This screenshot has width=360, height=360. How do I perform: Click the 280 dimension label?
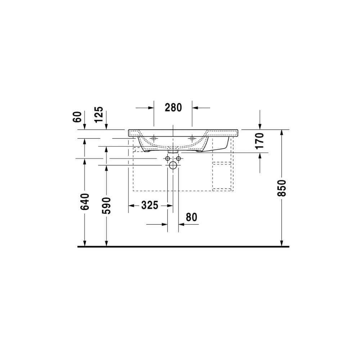(x=174, y=107)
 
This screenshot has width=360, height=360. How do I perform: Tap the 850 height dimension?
(x=282, y=188)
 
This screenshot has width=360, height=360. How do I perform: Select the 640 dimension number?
(x=85, y=202)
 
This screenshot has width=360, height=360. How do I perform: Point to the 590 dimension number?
(x=106, y=206)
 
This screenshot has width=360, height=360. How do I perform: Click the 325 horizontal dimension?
(x=150, y=205)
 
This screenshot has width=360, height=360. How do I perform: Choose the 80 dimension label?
(x=192, y=217)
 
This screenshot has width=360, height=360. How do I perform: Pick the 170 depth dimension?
(x=260, y=141)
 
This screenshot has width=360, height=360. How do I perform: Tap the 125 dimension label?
(x=99, y=114)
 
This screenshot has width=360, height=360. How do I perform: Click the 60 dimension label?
(x=78, y=117)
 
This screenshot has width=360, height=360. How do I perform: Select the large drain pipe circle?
(x=173, y=165)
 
